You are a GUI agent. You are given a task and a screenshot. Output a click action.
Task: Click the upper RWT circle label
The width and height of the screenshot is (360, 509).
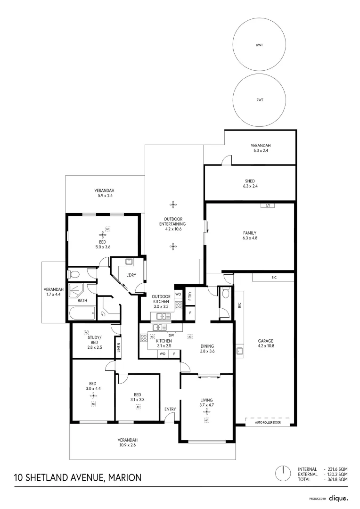[x=259, y=46]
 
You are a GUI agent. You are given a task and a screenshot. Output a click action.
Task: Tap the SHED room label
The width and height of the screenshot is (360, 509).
[x=250, y=181]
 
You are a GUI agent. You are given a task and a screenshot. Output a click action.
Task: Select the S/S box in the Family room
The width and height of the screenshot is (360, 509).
[x=267, y=205]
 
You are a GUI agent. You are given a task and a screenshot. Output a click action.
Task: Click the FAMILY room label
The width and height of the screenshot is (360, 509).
[x=250, y=233]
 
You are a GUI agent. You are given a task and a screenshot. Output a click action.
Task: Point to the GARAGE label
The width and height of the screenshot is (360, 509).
[x=265, y=341]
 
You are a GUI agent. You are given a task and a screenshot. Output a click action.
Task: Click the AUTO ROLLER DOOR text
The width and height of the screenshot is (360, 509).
[x=268, y=422]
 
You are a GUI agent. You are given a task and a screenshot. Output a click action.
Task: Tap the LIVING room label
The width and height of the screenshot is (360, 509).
[x=206, y=399]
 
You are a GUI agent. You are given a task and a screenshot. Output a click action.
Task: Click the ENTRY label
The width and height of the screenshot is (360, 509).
[x=170, y=409]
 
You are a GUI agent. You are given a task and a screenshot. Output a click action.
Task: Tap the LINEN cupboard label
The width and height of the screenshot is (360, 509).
[x=119, y=348]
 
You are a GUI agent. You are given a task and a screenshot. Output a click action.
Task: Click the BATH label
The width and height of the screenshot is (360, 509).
[x=82, y=300]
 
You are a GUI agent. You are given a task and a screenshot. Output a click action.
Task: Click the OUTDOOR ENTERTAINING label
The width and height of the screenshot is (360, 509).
[x=173, y=222]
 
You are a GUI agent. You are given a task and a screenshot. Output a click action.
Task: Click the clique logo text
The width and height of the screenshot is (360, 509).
[x=338, y=498]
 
